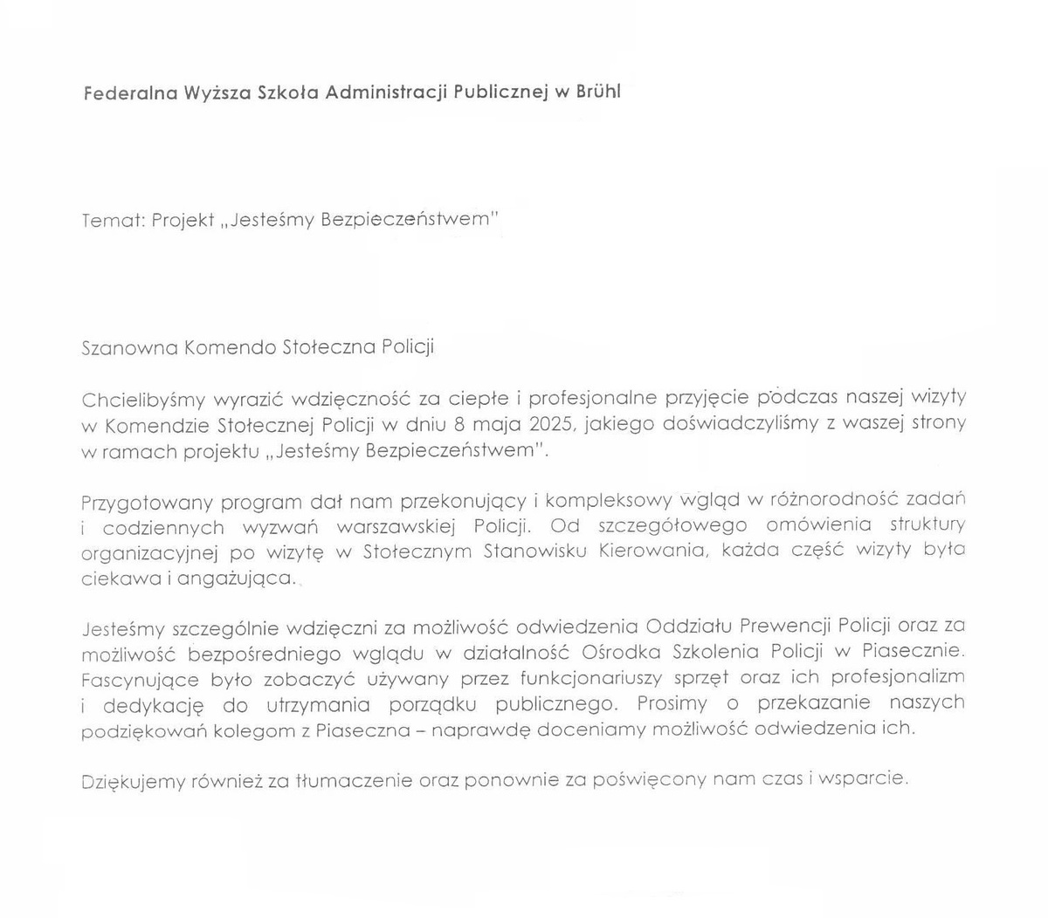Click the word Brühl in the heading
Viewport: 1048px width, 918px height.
click(598, 92)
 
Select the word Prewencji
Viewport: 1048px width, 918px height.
click(786, 626)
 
